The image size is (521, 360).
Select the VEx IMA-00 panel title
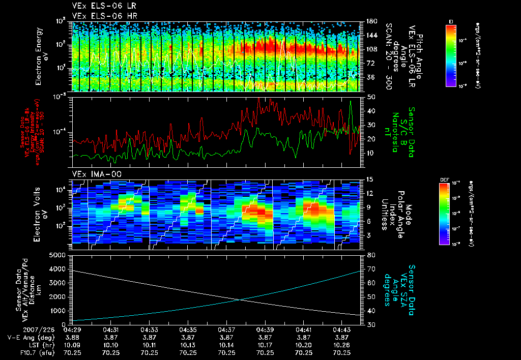point(92,174)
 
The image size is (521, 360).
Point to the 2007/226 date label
point(21,329)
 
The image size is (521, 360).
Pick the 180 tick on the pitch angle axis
point(370,21)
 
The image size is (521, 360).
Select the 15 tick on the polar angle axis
point(368,179)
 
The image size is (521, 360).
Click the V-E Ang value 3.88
point(71,337)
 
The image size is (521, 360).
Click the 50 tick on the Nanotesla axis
point(370,96)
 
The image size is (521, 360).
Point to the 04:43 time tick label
point(342,329)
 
